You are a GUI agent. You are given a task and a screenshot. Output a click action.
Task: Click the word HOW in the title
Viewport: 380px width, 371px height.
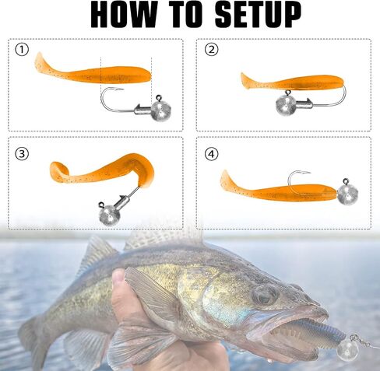point(124,15)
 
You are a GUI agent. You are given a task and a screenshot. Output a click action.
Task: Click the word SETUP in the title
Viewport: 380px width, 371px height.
point(258,15)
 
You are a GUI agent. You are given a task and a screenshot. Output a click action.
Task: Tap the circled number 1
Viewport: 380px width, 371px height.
point(22,50)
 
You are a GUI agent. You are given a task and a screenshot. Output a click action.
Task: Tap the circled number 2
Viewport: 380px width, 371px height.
point(212,50)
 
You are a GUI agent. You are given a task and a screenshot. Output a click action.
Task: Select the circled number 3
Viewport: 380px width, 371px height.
point(22,154)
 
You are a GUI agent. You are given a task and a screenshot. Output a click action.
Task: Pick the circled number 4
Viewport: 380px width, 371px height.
point(212,154)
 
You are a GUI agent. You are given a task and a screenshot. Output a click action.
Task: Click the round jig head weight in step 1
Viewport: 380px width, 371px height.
point(161,110)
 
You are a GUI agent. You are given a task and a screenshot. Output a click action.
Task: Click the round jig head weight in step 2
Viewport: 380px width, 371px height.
point(286,105)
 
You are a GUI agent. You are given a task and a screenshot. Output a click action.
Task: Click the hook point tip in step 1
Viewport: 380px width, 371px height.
point(123,89)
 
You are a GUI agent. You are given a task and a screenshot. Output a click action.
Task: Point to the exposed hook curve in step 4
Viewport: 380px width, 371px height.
point(293,177)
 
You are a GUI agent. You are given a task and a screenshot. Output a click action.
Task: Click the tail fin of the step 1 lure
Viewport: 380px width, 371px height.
point(41,63)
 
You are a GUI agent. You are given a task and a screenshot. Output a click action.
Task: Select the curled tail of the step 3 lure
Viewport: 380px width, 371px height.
point(59,172)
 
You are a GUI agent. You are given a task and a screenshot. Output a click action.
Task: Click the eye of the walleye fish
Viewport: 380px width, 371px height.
point(266,296)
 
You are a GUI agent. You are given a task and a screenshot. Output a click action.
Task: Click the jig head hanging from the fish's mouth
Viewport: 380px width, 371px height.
point(348,351)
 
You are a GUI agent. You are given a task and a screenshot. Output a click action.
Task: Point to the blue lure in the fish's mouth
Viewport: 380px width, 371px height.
point(311,331)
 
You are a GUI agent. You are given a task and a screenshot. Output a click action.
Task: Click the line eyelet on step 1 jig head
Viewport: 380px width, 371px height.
point(159,98)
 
